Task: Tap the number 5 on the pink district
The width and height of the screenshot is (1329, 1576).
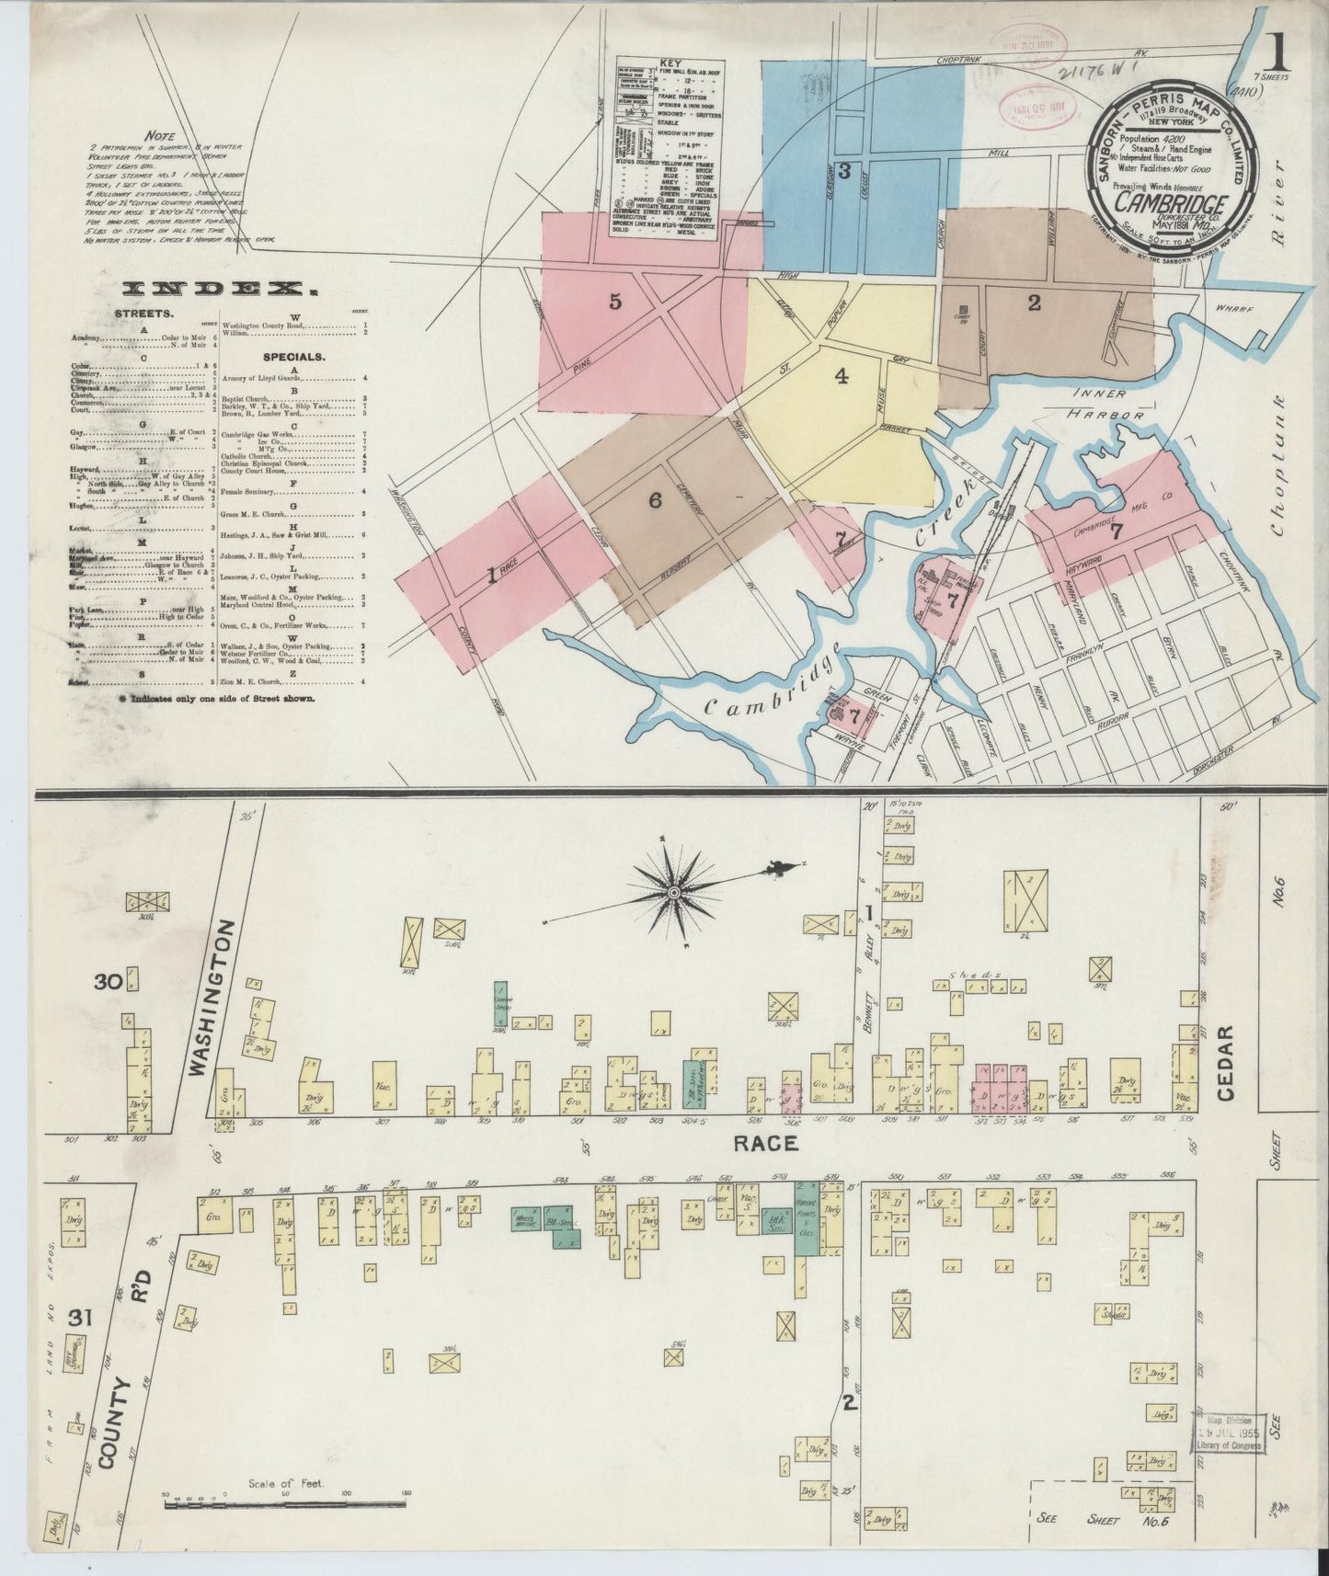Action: click(x=615, y=301)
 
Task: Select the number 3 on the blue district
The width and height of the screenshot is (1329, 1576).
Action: click(x=842, y=170)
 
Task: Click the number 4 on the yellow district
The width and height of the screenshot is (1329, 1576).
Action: click(x=842, y=375)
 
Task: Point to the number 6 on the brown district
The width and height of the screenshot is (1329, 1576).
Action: click(x=654, y=500)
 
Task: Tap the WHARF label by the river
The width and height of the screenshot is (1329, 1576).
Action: click(x=1234, y=310)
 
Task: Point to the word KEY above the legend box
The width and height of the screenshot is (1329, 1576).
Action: click(x=670, y=63)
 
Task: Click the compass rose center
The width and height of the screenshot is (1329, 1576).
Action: click(x=675, y=892)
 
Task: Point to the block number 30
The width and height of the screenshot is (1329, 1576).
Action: click(x=109, y=982)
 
